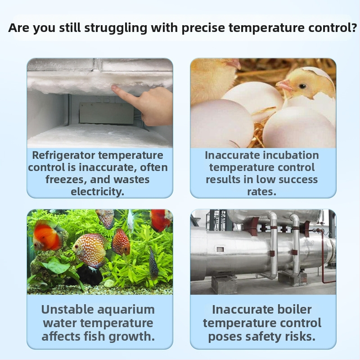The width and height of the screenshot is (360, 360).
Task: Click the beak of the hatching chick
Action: coord(282,84)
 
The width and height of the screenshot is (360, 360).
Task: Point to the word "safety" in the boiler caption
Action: coord(253,337)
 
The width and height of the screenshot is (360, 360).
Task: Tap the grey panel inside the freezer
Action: coord(106,113)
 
